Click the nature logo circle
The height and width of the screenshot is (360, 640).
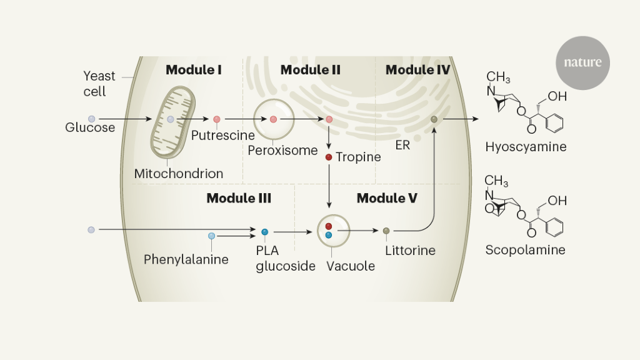582,62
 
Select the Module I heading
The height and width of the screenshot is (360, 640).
194,69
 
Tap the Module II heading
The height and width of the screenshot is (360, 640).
310,69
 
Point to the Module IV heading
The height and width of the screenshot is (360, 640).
417,69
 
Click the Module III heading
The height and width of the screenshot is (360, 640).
239,199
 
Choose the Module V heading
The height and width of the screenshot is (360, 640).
387,199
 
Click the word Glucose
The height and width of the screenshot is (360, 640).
90,127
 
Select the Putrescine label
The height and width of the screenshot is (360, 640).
223,135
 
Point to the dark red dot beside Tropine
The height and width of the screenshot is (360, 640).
329,157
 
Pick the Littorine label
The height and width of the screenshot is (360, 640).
410,251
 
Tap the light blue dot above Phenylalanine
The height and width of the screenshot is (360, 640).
212,236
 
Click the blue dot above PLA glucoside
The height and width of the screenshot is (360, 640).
265,232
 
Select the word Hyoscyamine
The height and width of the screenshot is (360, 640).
526,147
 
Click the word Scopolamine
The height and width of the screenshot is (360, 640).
525,250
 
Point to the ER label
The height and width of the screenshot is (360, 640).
402,144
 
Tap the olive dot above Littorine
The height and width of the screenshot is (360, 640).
386,231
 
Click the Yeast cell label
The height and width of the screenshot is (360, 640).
99,84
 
